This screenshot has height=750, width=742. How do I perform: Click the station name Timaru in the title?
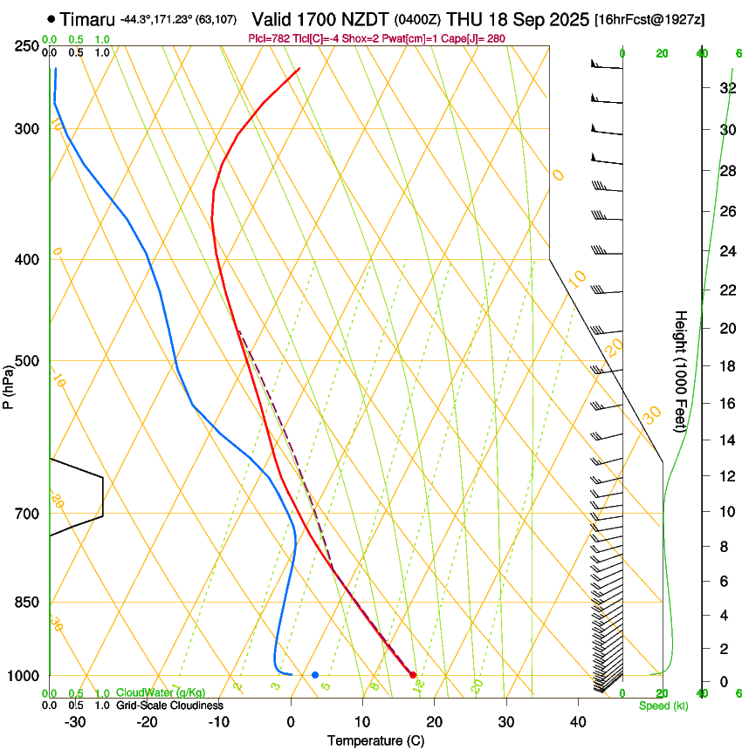pos(87,18)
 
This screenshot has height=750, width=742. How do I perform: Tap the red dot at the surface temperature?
pos(413,675)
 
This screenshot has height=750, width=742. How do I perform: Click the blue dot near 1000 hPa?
pos(315,675)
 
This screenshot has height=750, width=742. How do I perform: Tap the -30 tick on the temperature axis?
pos(75,722)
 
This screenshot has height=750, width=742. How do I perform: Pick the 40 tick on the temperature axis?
pos(578,722)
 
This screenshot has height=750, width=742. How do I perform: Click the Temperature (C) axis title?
pos(375,740)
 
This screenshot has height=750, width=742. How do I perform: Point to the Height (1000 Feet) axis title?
pos(681,371)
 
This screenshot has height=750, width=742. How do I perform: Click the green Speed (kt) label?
pos(663,706)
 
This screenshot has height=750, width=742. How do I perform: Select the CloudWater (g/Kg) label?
pos(148,693)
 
